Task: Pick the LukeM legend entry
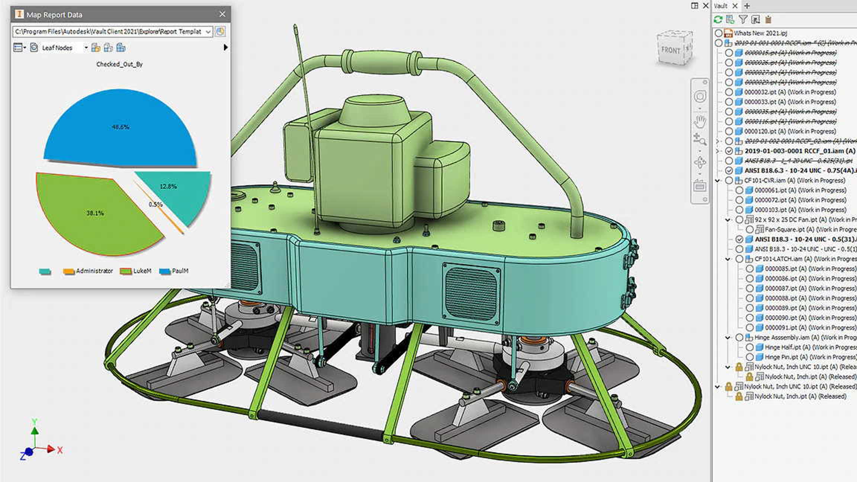(136, 271)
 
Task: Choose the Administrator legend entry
(89, 271)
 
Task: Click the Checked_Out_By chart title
(119, 64)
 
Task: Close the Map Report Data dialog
(222, 14)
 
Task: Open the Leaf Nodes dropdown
(86, 48)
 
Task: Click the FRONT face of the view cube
(670, 50)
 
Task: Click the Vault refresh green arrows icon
(718, 19)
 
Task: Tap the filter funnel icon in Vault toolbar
(743, 19)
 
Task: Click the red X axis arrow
(51, 449)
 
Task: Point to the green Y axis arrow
(35, 430)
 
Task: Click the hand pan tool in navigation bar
(700, 121)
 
